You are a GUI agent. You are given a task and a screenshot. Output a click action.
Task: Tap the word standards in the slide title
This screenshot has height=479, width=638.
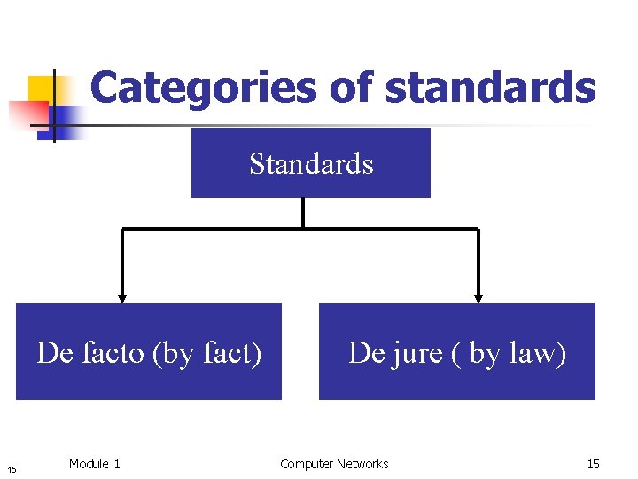492,88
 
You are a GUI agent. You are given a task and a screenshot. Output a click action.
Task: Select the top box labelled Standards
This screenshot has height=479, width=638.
311,163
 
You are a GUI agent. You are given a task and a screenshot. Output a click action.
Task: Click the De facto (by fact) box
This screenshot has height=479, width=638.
149,352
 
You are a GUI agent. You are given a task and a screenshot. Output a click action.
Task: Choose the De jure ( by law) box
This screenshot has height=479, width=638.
457,352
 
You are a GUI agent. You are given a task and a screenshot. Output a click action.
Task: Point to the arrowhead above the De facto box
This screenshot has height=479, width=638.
122,298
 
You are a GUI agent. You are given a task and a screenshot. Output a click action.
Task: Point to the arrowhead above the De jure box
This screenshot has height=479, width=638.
478,298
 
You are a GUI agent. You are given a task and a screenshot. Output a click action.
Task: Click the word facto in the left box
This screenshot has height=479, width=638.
113,353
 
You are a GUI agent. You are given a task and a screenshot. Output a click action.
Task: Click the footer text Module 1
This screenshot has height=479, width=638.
94,464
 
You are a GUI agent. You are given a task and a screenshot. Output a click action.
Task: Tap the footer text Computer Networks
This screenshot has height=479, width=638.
334,464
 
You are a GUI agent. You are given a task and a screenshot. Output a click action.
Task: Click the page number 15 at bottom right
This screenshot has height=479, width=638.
593,464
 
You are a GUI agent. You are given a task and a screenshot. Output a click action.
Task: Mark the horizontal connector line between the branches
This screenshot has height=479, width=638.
301,229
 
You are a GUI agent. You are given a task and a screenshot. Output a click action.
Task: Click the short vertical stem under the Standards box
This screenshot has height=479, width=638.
303,213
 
